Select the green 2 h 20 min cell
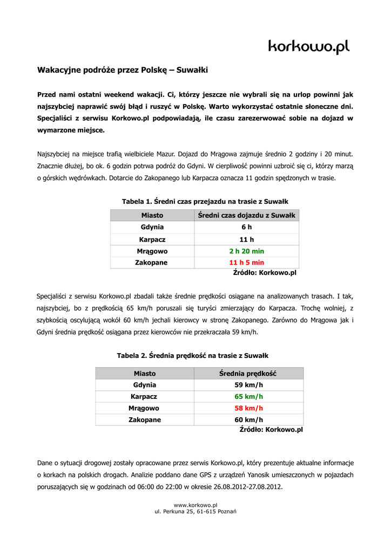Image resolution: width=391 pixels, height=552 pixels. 246,251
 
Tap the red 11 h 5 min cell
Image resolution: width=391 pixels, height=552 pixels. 246,263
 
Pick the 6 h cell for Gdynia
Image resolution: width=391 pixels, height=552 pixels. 246,227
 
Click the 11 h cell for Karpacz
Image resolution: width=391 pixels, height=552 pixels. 246,239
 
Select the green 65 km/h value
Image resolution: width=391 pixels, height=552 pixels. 248,397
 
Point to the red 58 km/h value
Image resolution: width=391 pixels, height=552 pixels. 248,408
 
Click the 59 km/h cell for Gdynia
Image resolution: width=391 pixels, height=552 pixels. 248,385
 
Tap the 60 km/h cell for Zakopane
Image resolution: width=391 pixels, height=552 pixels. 248,420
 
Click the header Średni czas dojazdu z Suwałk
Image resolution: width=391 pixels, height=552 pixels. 246,216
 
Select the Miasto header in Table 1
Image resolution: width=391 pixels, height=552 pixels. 152,216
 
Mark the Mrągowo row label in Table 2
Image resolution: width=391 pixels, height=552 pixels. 144,408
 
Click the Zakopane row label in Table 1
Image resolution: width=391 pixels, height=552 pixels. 152,263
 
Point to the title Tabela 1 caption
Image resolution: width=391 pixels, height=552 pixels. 205,201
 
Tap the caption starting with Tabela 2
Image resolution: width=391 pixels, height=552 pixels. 193,356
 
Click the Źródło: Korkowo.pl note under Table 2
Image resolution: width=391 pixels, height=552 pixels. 271,430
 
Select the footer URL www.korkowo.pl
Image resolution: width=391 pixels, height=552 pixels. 195,505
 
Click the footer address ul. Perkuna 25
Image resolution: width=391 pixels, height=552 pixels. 195,512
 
